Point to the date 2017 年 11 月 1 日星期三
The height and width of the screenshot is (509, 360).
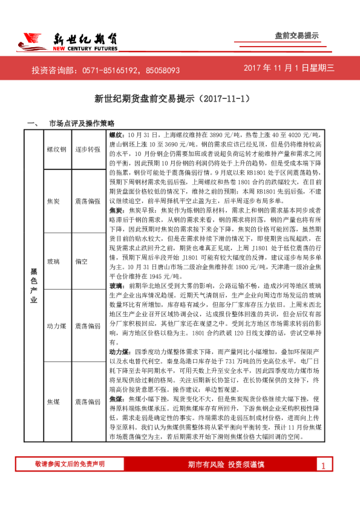click(289, 69)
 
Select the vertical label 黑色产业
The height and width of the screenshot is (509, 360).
click(34, 289)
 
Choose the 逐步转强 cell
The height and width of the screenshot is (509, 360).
click(87, 149)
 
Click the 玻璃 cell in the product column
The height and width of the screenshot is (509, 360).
click(53, 262)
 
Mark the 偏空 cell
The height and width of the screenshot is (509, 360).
click(82, 262)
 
